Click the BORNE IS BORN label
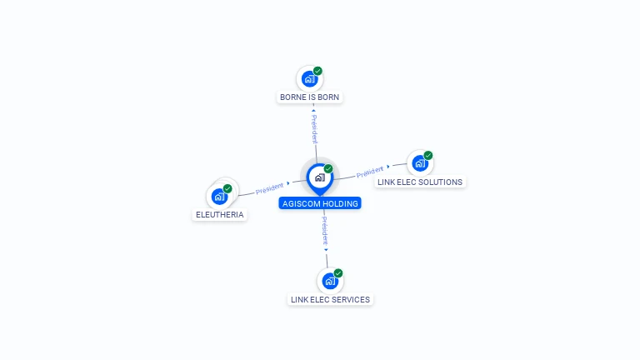point(309,97)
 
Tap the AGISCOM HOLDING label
point(320,203)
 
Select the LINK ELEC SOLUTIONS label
point(420,182)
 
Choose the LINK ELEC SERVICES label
point(330,300)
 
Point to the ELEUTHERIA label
point(220,215)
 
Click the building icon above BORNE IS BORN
point(309,79)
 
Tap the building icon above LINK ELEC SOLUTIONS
point(420,163)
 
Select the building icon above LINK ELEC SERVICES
point(330,281)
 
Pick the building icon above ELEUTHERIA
point(219,197)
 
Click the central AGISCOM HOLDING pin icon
point(320,179)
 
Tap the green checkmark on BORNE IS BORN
point(317,71)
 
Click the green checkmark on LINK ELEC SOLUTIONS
point(427,155)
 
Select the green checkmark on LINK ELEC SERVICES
point(338,273)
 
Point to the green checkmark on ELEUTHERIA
point(227,188)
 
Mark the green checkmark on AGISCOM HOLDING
point(328,168)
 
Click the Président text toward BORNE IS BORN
point(314,129)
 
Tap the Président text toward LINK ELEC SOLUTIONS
point(370,172)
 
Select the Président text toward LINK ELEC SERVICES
point(325,231)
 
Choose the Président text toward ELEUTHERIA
point(269,188)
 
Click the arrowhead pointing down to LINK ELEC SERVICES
point(326,250)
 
